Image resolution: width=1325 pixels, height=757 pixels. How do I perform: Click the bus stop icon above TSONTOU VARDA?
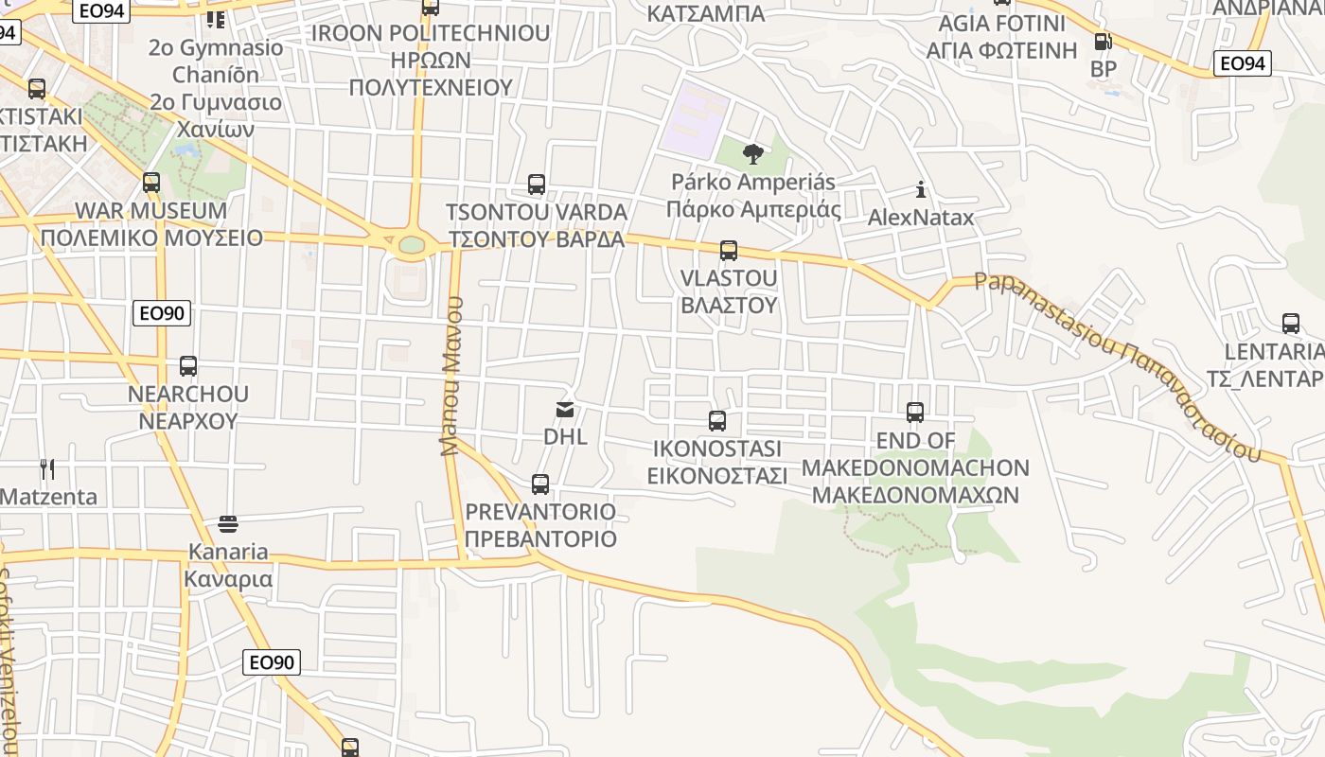point(537,185)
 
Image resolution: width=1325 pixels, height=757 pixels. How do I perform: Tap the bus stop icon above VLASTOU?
point(728,251)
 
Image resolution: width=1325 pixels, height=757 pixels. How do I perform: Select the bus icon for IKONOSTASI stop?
point(717,421)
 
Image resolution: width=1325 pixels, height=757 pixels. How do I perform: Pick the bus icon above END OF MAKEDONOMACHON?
point(915,413)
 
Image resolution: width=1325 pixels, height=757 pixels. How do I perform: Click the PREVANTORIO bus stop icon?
point(540,484)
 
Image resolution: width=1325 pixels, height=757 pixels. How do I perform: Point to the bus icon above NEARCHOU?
point(188,366)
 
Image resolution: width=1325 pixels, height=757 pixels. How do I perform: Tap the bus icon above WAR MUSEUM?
point(151,183)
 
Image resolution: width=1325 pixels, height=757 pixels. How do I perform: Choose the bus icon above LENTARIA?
point(1291,324)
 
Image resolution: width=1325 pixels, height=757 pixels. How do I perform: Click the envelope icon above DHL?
point(565,409)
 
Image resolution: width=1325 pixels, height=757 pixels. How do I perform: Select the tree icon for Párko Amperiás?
point(753,154)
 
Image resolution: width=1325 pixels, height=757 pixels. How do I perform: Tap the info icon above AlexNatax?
point(921,190)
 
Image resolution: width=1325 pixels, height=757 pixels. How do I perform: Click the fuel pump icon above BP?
point(1103,42)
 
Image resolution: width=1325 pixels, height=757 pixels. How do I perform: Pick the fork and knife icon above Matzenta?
point(47,468)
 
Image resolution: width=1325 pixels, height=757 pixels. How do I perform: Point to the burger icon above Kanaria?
point(228,523)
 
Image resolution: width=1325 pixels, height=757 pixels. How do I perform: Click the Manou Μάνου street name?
point(451,376)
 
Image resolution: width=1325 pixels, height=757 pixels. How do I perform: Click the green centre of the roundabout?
point(412,245)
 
